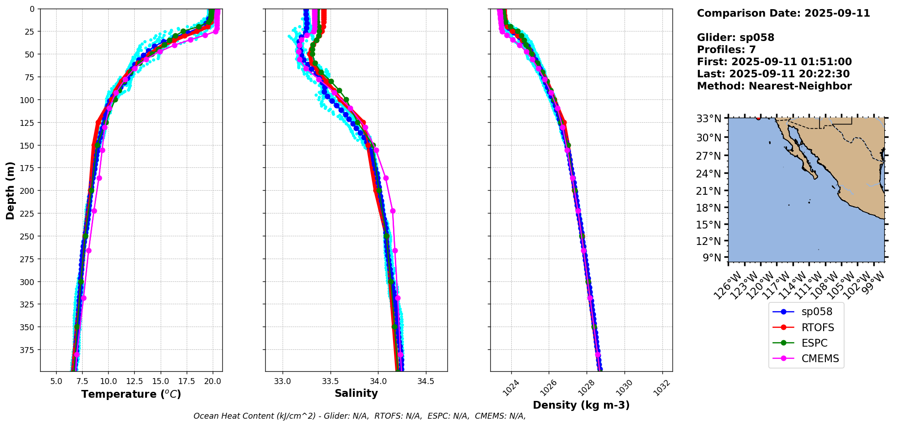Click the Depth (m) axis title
[10, 190]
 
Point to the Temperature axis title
[131, 394]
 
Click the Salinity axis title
[356, 394]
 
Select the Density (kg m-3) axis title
[581, 405]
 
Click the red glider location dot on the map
[758, 118]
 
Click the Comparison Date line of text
[783, 13]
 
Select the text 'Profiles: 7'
[726, 50]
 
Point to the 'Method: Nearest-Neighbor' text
[774, 86]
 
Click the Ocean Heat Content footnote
[359, 416]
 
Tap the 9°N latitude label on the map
[713, 258]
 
